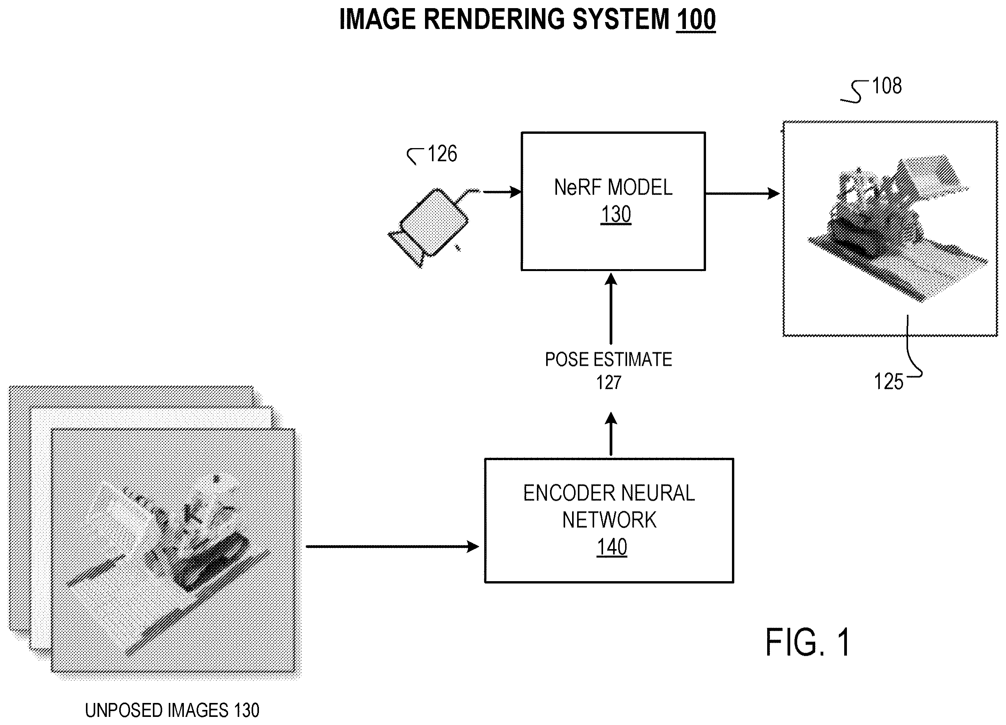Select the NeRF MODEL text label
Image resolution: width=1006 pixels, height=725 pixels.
(613, 187)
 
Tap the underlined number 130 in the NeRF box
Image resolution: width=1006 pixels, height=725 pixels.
(616, 215)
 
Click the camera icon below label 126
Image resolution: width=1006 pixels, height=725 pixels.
(429, 227)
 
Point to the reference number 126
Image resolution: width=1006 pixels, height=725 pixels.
(442, 154)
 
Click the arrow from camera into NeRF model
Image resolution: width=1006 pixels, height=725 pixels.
(502, 192)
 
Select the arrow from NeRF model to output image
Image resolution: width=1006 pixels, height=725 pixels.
(742, 193)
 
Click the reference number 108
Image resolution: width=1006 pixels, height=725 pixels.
(887, 85)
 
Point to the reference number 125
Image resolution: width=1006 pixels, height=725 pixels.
(888, 382)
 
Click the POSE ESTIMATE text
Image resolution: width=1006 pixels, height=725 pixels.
(608, 359)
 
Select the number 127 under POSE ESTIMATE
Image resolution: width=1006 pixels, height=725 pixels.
(608, 382)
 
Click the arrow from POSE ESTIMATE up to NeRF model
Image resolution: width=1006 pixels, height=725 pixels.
(611, 309)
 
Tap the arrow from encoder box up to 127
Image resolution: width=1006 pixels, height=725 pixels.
(611, 434)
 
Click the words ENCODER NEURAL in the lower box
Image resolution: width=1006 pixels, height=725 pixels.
(609, 493)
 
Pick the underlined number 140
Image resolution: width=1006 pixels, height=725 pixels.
(612, 547)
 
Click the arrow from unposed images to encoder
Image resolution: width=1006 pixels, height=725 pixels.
(392, 546)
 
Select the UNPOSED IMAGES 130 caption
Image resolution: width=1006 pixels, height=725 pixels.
(172, 710)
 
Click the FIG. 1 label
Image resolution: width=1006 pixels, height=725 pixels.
(808, 642)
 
